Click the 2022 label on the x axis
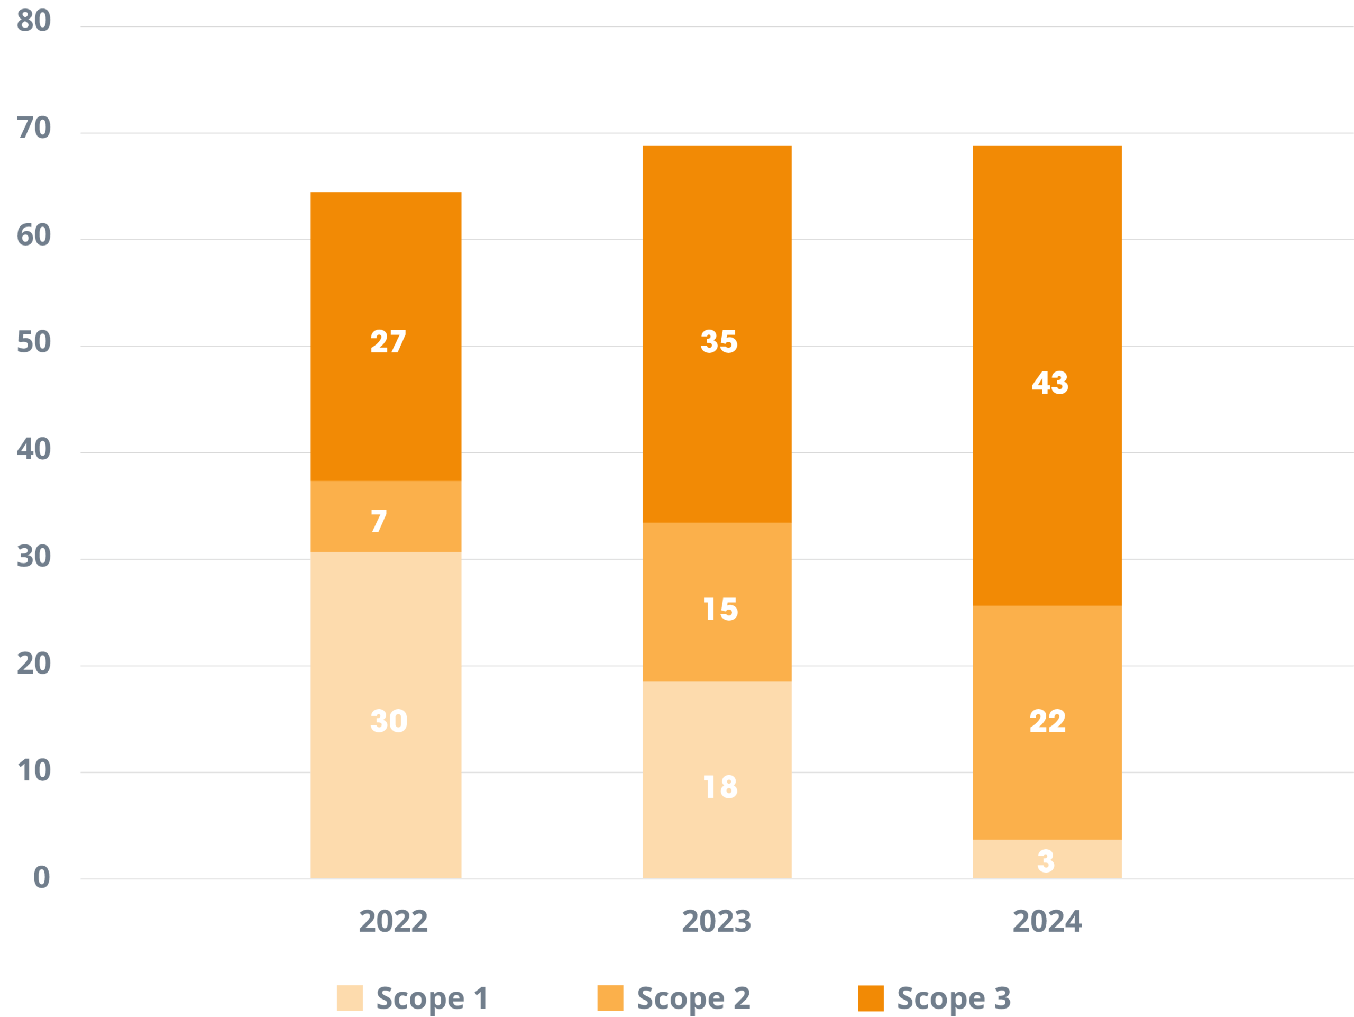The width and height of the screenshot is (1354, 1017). [x=393, y=921]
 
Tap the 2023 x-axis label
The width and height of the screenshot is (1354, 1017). [x=716, y=921]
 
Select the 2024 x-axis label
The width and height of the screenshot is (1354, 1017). [x=1047, y=921]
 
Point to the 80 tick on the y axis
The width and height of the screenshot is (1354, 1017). [x=34, y=21]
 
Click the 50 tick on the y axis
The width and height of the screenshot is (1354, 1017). [x=34, y=342]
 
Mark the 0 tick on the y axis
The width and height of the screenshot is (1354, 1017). [x=41, y=877]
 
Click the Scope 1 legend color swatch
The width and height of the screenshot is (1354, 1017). [x=350, y=998]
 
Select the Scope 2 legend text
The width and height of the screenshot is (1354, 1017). [x=693, y=998]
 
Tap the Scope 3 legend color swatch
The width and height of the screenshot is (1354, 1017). [x=871, y=998]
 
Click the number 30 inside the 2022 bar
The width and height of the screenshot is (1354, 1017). [x=389, y=721]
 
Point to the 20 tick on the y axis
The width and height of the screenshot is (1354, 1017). [x=34, y=664]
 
